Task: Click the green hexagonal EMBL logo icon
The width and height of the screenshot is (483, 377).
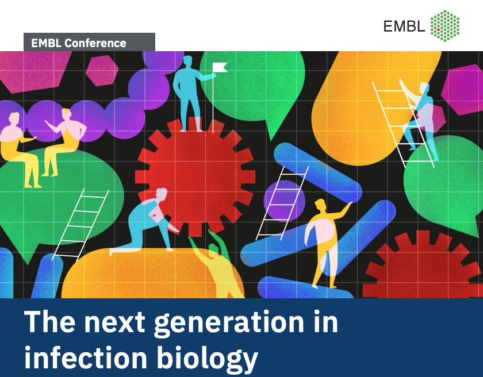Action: (445, 25)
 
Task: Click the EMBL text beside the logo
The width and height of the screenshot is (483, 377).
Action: (404, 26)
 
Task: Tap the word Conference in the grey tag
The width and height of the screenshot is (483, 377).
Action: (95, 43)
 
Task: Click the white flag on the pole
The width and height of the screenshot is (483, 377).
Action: (221, 67)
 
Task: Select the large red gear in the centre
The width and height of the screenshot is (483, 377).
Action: (195, 176)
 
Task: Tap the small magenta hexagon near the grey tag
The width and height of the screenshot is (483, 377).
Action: (102, 71)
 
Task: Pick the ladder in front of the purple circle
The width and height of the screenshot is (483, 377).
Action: (282, 203)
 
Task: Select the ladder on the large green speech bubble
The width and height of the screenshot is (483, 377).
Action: (80, 225)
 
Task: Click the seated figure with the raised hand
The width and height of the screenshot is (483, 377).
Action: (63, 141)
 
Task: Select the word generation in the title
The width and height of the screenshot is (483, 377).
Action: (229, 323)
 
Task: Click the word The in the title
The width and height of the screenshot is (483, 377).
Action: (49, 321)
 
